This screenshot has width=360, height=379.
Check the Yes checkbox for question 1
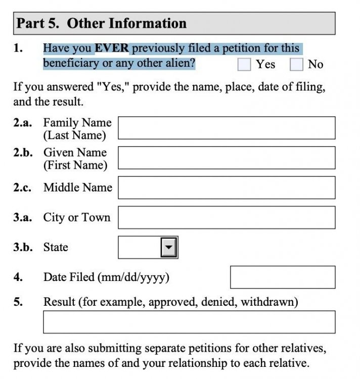245,64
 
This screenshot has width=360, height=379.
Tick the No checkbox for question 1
296,64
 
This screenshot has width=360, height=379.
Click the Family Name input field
226,128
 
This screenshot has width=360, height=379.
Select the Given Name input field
226,158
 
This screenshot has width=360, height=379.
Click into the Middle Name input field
226,187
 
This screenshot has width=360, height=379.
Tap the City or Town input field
226,217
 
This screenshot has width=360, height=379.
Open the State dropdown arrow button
169,247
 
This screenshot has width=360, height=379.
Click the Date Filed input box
282,277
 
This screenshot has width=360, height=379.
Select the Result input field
189,322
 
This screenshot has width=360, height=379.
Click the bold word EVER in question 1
112,49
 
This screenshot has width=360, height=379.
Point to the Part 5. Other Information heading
102,23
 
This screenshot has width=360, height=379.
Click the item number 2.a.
22,123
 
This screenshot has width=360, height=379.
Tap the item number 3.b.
23,247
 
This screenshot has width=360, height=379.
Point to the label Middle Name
77,187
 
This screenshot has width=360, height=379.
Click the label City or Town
76,217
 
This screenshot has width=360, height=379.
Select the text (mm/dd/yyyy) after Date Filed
134,277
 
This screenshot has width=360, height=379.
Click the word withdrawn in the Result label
269,302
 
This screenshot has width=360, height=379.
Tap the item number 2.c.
22,187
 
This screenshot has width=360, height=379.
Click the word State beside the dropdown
56,247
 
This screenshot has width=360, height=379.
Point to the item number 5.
18,302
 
